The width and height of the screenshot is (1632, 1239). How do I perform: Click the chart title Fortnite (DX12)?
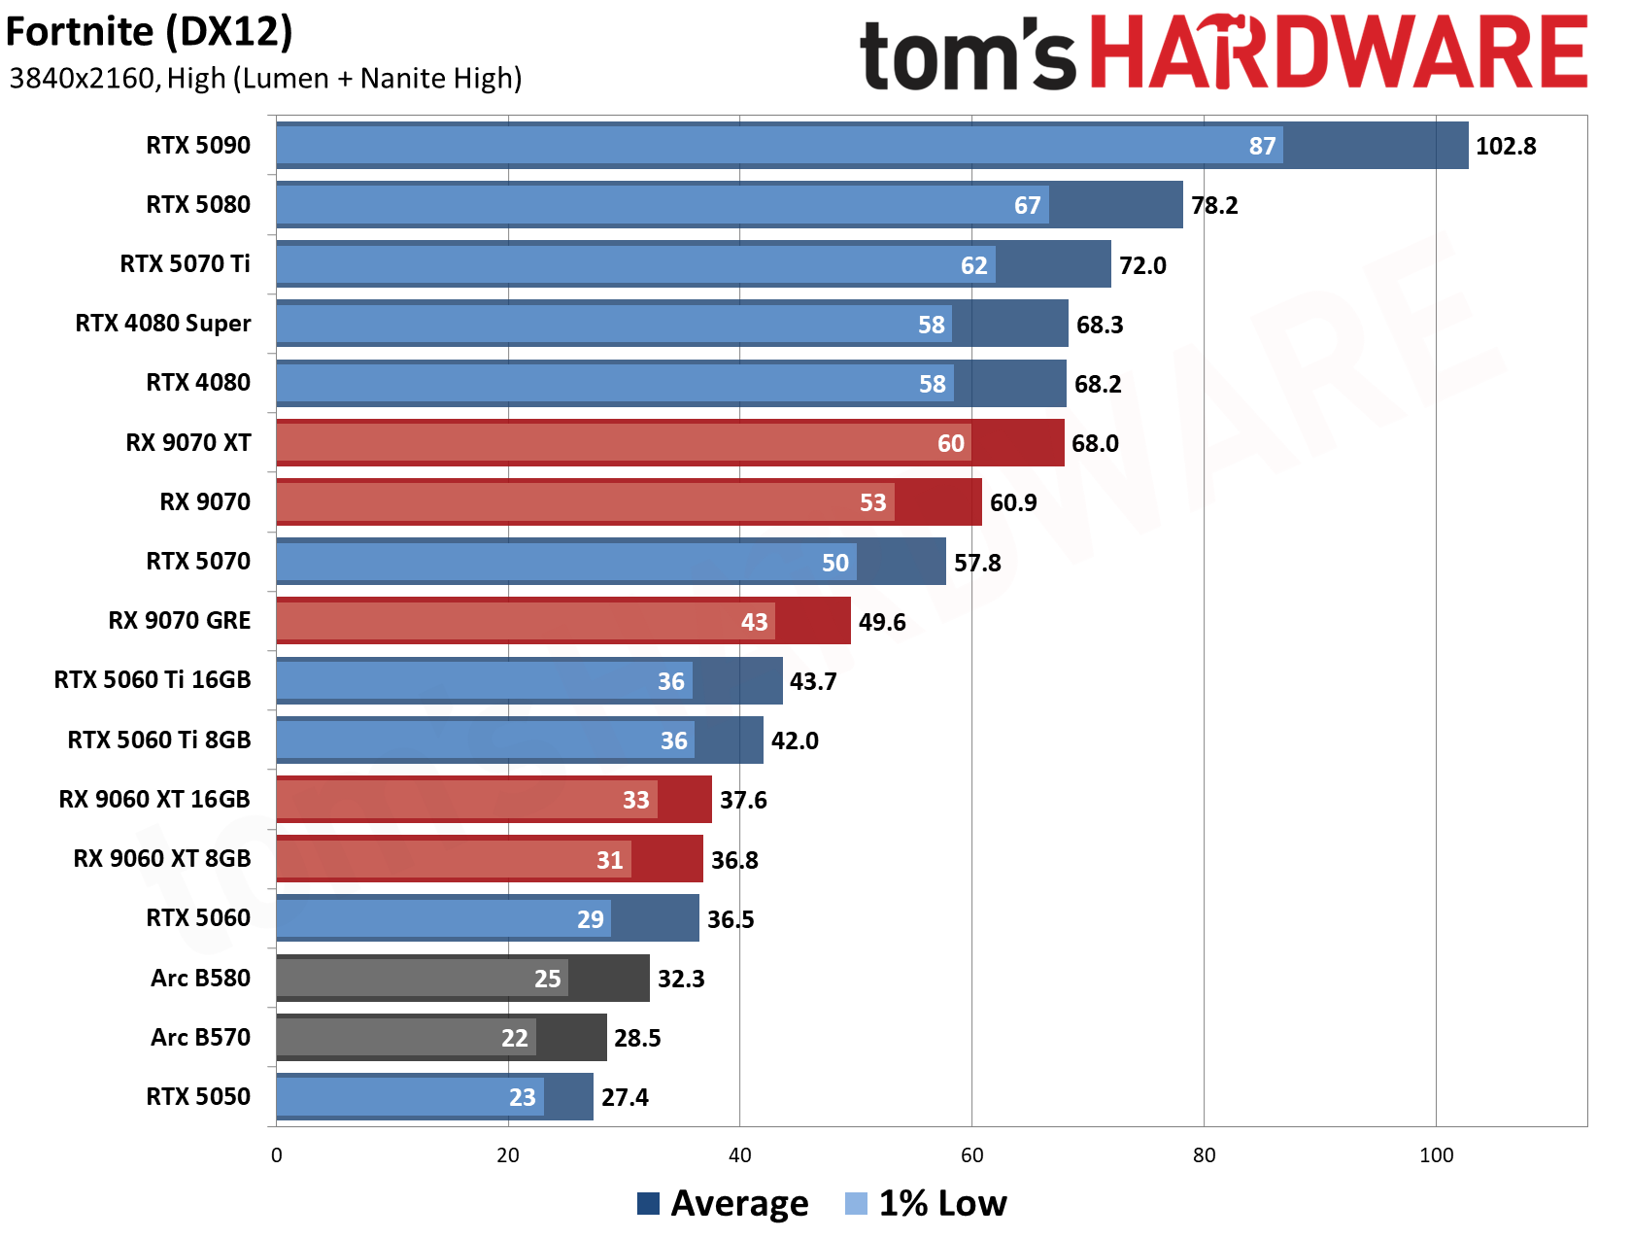tap(149, 32)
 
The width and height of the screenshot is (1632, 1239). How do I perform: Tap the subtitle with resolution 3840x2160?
tap(265, 78)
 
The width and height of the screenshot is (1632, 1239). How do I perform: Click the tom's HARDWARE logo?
tap(1224, 52)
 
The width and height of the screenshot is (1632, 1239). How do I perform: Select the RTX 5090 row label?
tap(198, 145)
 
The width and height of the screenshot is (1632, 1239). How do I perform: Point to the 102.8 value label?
tap(1506, 146)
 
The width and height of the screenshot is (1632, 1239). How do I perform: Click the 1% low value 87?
tap(1262, 146)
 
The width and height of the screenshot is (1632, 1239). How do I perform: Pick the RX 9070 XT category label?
tap(188, 442)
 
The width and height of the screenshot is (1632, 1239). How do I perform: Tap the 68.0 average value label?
tap(1095, 443)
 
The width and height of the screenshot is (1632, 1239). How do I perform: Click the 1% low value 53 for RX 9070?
tap(873, 502)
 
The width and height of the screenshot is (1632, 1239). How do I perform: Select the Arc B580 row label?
tap(200, 978)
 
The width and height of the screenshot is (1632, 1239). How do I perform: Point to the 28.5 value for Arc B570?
tap(637, 1038)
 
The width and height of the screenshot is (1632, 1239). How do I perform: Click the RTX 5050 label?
tap(198, 1096)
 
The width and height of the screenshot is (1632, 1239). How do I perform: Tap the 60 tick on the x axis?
tap(971, 1155)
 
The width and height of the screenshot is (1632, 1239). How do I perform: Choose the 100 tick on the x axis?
tap(1436, 1155)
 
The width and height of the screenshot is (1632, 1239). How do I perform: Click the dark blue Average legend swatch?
tap(648, 1203)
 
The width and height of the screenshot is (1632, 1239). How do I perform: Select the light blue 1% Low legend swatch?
tap(856, 1203)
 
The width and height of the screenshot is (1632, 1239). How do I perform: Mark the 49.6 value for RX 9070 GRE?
tap(882, 622)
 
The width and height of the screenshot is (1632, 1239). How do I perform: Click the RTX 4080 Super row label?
tap(163, 324)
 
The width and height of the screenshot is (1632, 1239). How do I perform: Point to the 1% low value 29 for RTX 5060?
tap(591, 919)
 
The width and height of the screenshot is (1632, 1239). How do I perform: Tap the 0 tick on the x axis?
tap(277, 1155)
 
